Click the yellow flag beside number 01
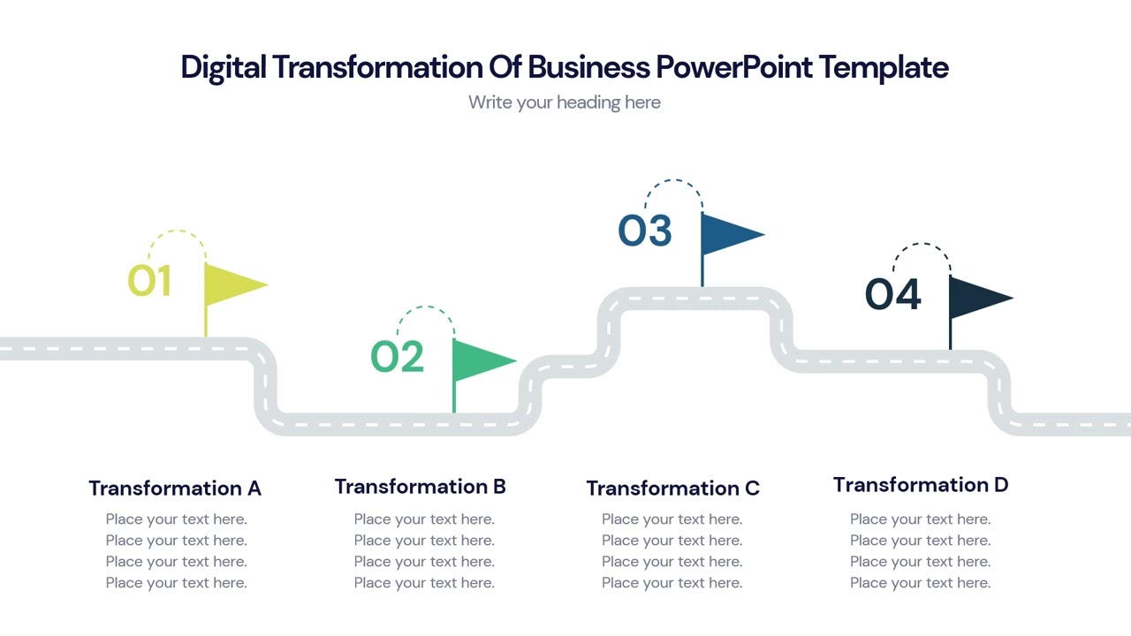[x=230, y=284]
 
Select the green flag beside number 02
[x=478, y=360]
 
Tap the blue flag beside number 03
[x=726, y=234]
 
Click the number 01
[x=149, y=281]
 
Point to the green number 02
[x=397, y=357]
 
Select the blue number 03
[x=645, y=231]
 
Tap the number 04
[x=892, y=294]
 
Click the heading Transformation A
[x=175, y=488]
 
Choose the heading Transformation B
[x=421, y=487]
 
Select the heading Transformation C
[x=672, y=488]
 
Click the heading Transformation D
[x=921, y=485]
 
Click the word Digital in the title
[x=223, y=67]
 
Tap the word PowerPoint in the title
[x=733, y=67]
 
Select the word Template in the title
[x=884, y=67]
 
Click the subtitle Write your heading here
[x=565, y=102]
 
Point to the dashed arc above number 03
[x=673, y=182]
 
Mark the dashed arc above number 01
[x=177, y=233]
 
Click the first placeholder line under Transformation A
[x=177, y=519]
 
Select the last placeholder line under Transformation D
[x=921, y=583]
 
